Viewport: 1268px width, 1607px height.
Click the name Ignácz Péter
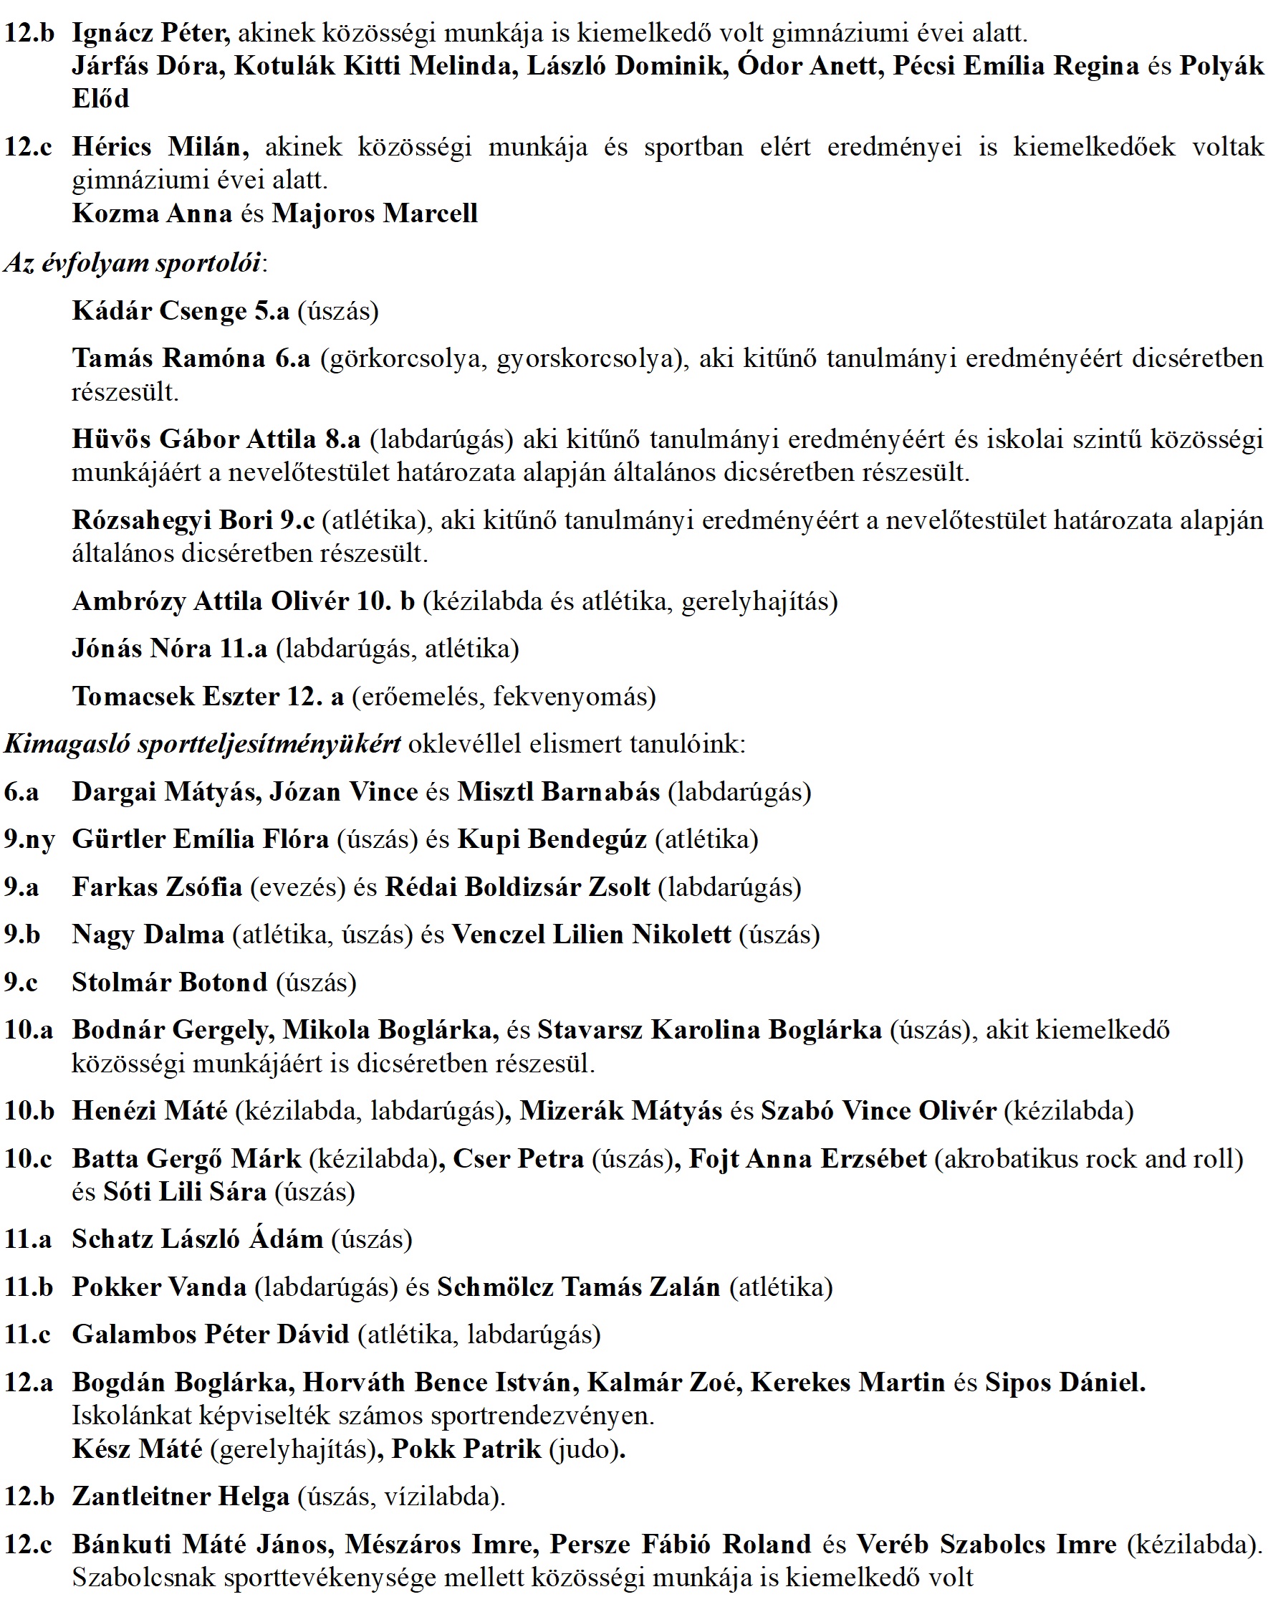(150, 34)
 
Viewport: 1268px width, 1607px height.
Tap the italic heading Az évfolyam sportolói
(133, 264)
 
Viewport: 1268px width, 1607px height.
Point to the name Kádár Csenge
(160, 311)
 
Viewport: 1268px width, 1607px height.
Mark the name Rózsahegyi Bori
(172, 520)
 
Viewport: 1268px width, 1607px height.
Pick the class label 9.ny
(29, 840)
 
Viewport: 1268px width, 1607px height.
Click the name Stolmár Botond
(169, 983)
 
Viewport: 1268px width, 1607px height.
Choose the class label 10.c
(28, 1159)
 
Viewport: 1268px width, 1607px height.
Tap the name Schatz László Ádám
(198, 1239)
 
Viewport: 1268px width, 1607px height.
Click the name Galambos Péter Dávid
(210, 1335)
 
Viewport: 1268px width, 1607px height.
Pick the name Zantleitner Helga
(181, 1497)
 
